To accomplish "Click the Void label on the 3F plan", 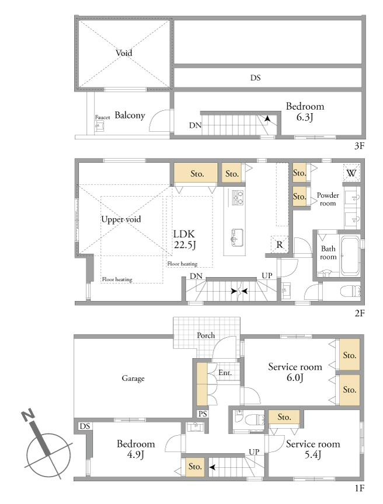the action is pyautogui.click(x=124, y=52).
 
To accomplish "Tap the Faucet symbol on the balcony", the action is pyautogui.click(x=99, y=126).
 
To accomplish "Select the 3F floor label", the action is pyautogui.click(x=359, y=146).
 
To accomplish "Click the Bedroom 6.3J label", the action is pyautogui.click(x=305, y=111).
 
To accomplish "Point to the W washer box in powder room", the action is pyautogui.click(x=351, y=173).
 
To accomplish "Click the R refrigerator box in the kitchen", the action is pyautogui.click(x=279, y=244).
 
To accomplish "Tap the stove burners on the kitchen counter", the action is pyautogui.click(x=237, y=198).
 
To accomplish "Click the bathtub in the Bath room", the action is pyautogui.click(x=350, y=256).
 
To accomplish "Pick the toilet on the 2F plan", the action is pyautogui.click(x=350, y=291).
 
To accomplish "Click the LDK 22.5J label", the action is pyautogui.click(x=184, y=240).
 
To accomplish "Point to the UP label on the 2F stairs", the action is pyautogui.click(x=267, y=275).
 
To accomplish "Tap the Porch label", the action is pyautogui.click(x=206, y=335).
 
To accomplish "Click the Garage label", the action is pyautogui.click(x=133, y=379).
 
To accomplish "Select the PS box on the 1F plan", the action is pyautogui.click(x=203, y=414).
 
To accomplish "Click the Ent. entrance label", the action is pyautogui.click(x=225, y=373).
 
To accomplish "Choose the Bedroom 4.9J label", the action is pyautogui.click(x=135, y=449).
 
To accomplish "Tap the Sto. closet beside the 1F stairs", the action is pyautogui.click(x=195, y=467).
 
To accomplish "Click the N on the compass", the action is pyautogui.click(x=28, y=415).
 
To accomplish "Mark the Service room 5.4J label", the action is pyautogui.click(x=313, y=449).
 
